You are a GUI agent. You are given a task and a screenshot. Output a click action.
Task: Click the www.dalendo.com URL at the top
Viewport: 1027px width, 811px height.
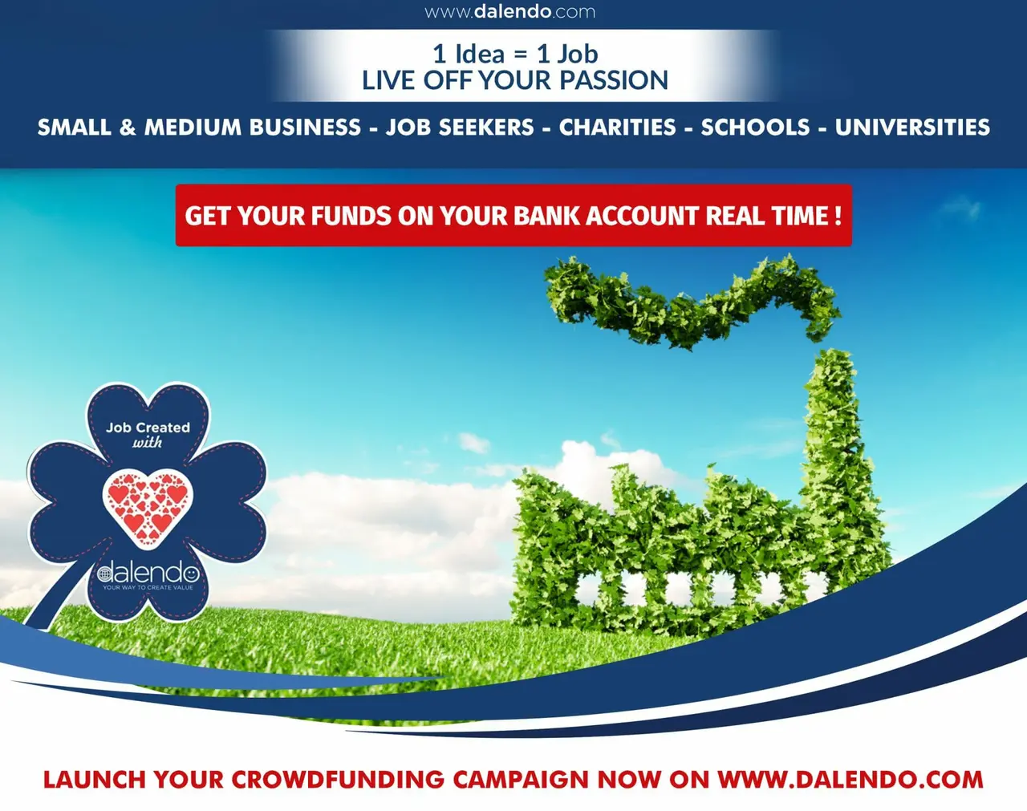point(509,12)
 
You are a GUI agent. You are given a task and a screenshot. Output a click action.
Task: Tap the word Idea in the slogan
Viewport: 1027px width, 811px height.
point(480,54)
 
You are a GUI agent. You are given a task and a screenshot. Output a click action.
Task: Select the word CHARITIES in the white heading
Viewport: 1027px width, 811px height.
point(618,128)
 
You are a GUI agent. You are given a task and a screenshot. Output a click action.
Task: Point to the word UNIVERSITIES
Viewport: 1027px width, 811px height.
point(912,128)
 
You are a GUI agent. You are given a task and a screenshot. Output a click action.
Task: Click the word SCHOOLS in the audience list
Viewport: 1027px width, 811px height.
point(756,128)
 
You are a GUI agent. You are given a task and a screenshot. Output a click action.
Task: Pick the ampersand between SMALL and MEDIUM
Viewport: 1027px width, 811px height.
point(128,128)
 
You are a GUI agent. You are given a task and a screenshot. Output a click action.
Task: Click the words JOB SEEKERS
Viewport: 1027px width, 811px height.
point(460,128)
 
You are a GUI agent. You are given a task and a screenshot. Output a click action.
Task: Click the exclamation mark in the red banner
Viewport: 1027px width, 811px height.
point(838,216)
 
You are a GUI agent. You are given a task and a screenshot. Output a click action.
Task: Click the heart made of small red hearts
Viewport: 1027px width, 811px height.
point(148,508)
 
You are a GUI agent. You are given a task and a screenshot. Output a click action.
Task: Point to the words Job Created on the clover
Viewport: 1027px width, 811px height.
point(148,428)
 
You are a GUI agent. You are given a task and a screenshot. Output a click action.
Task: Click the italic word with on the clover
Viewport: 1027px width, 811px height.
point(147,443)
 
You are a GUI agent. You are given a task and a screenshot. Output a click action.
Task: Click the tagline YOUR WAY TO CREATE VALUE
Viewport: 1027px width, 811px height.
point(148,588)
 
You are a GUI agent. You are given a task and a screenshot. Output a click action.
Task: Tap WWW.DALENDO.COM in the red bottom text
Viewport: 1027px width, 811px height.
point(850,780)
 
